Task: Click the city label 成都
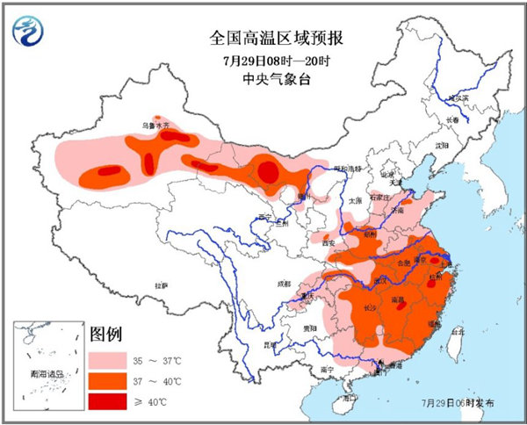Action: [281, 284]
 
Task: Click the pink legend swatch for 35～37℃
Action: [106, 360]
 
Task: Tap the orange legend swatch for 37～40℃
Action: [106, 380]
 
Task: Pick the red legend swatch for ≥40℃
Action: [106, 400]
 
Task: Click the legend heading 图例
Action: [105, 335]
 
